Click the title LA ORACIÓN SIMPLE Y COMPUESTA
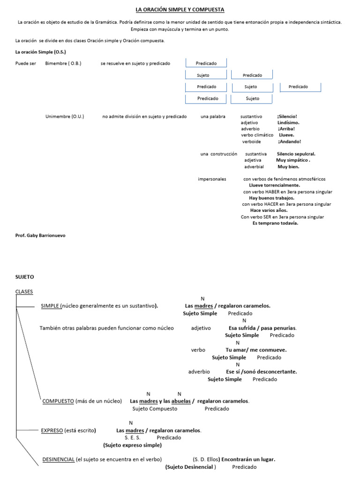(180, 9)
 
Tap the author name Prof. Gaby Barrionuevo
(41, 235)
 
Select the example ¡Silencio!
(287, 116)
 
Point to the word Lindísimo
(288, 122)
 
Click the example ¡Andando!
(289, 141)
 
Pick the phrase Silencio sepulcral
(296, 154)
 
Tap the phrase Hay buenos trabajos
(272, 198)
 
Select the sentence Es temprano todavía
(275, 223)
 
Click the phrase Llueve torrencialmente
(274, 185)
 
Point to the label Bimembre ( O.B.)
(63, 63)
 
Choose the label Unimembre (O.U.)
(65, 116)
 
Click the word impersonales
(212, 179)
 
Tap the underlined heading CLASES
(24, 292)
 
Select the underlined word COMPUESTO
(58, 401)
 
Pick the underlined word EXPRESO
(52, 430)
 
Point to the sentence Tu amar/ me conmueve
(256, 350)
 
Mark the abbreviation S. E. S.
(133, 437)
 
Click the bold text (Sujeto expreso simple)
(132, 445)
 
